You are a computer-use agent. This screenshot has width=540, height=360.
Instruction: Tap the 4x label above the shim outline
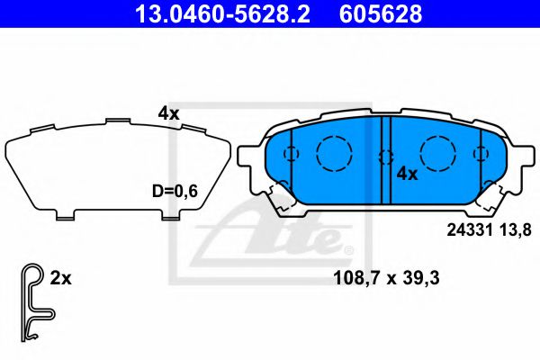168,113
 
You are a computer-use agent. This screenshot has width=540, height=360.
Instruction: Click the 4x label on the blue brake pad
408,174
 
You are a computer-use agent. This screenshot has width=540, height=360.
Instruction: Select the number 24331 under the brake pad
469,229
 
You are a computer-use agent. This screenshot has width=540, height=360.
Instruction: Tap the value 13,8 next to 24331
508,229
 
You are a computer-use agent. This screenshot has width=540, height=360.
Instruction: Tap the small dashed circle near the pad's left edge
291,153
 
